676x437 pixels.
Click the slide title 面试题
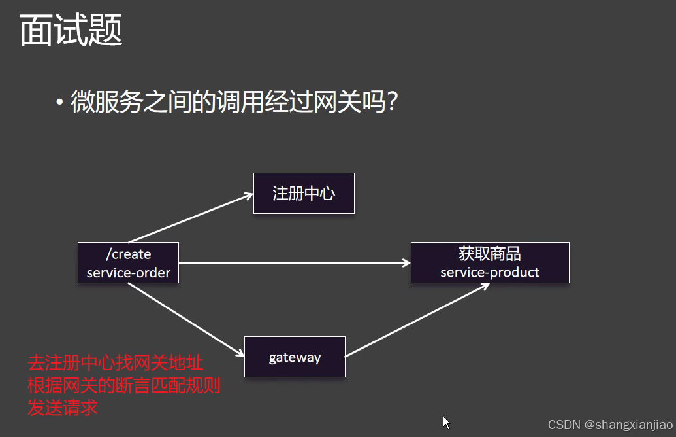click(x=71, y=31)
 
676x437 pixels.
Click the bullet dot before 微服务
click(x=60, y=103)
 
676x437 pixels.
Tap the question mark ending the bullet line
click(x=392, y=103)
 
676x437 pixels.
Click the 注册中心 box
click(x=304, y=193)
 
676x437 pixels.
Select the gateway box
click(x=295, y=357)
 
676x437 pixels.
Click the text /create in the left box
click(x=128, y=254)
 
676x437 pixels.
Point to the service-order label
click(x=128, y=273)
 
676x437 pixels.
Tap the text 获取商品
click(x=490, y=254)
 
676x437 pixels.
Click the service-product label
click(x=490, y=272)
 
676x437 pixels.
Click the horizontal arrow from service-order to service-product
click(x=294, y=263)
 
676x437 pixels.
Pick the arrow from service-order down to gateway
click(x=186, y=319)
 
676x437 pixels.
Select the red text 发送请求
click(x=63, y=408)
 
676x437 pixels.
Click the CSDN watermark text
click(x=564, y=425)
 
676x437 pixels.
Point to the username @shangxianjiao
click(x=628, y=425)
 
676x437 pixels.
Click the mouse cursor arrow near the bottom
click(x=447, y=423)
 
